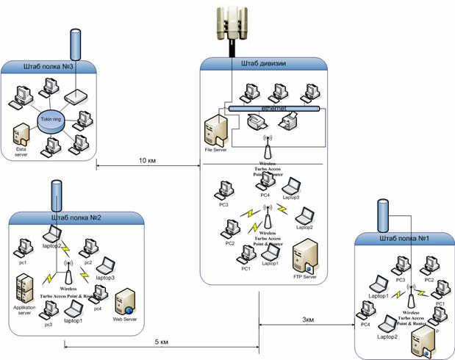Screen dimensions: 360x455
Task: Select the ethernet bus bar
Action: pyautogui.click(x=275, y=107)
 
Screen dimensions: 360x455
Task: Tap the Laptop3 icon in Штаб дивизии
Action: pyautogui.click(x=294, y=184)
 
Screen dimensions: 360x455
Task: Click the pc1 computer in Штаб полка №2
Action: pyautogui.click(x=24, y=247)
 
